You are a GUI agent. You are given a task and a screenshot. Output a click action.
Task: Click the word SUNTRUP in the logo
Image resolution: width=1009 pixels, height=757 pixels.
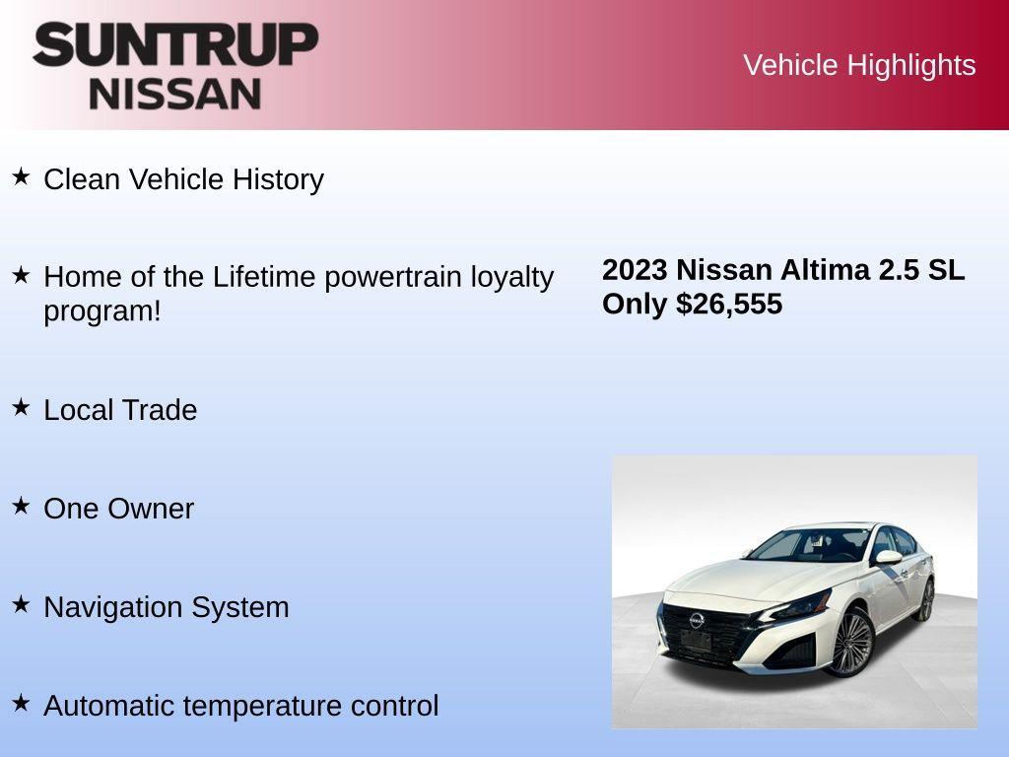point(175,45)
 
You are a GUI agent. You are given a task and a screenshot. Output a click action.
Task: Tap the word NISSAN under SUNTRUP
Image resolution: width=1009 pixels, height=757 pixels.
point(175,93)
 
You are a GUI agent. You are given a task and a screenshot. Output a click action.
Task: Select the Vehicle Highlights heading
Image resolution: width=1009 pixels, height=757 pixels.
point(859,65)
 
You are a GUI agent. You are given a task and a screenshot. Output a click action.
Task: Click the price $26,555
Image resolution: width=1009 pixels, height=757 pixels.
point(729,304)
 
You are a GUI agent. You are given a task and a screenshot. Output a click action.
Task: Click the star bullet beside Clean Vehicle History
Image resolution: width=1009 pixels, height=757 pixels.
point(21,176)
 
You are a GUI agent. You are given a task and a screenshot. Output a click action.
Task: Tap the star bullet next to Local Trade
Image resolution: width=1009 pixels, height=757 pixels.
point(21,407)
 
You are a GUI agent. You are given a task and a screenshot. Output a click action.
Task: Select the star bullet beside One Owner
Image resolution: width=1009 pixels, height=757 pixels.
point(21,506)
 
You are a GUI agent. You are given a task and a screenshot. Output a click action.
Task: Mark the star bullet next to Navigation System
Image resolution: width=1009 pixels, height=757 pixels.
point(21,604)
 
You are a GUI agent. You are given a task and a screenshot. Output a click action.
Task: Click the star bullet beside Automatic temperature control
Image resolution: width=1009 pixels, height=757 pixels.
point(21,703)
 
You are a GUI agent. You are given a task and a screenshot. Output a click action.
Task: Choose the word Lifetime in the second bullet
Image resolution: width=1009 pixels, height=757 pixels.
point(264,277)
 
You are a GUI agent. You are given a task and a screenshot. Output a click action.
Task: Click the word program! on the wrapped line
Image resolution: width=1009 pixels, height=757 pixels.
point(101,310)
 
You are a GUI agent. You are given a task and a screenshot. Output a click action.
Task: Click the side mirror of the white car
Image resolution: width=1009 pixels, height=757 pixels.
point(887,558)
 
